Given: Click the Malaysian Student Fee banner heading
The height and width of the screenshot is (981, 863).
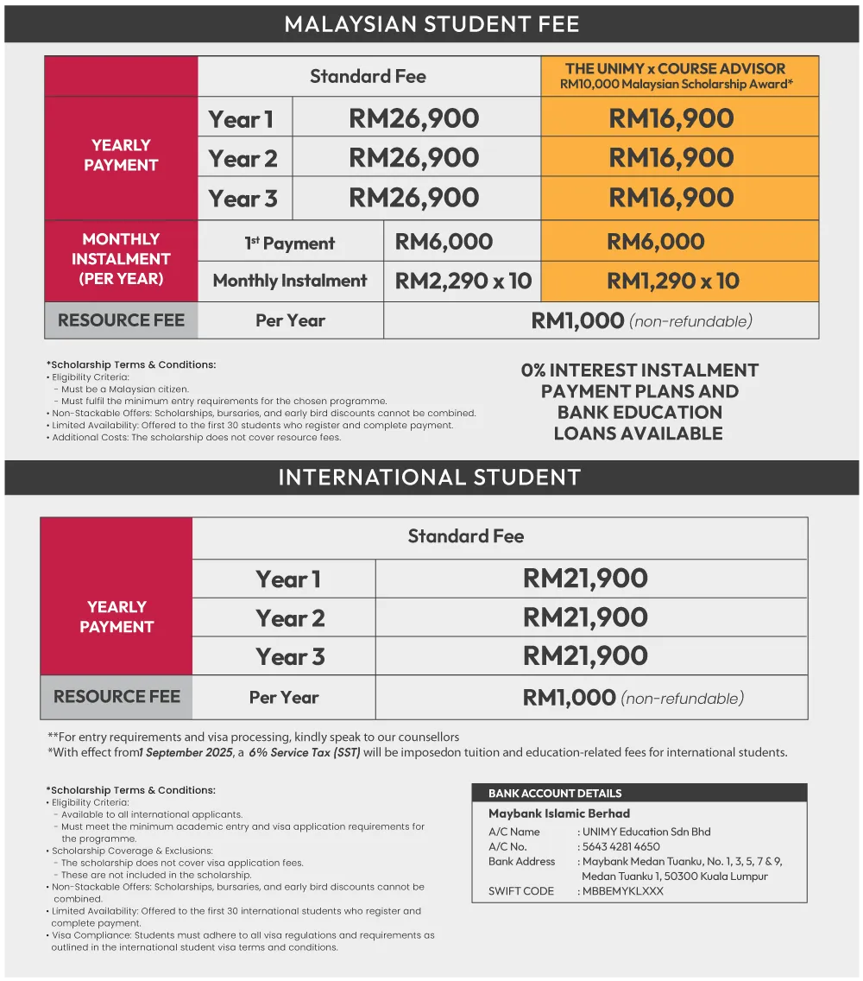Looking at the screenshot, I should pyautogui.click(x=431, y=22).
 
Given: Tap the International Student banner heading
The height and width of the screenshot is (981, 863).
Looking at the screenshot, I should pyautogui.click(x=429, y=478).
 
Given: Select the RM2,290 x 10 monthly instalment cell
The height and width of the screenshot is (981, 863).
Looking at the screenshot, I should pyautogui.click(x=463, y=281).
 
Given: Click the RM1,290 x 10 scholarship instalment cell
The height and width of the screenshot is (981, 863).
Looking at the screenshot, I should pyautogui.click(x=673, y=281).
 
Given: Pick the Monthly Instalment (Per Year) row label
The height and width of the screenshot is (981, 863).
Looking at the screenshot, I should pyautogui.click(x=121, y=259).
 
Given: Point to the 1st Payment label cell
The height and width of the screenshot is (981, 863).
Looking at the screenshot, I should pyautogui.click(x=290, y=244).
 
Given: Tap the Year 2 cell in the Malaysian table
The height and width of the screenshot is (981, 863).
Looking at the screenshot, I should pyautogui.click(x=243, y=159).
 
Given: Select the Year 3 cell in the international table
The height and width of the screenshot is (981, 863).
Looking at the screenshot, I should pyautogui.click(x=290, y=657).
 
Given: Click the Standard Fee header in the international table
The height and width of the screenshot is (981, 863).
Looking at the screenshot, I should pyautogui.click(x=466, y=536).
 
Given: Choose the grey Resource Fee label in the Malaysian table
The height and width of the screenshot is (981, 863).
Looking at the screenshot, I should pyautogui.click(x=121, y=320).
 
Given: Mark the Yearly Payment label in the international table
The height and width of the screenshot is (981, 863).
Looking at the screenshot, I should pyautogui.click(x=117, y=617).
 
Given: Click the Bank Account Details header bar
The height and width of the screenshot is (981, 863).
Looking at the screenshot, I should pyautogui.click(x=555, y=793).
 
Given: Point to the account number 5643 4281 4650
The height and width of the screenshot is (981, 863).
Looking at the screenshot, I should pyautogui.click(x=621, y=847).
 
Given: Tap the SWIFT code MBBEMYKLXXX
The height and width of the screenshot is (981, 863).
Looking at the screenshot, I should pyautogui.click(x=623, y=891).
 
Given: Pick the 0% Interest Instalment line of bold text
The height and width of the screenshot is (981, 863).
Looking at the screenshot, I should pyautogui.click(x=639, y=370).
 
